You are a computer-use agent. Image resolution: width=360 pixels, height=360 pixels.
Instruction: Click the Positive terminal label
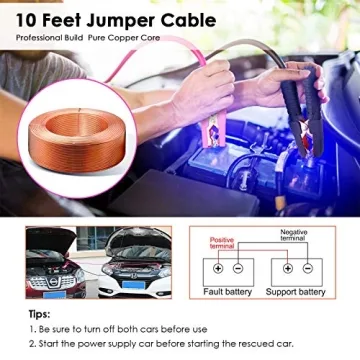[x=221, y=242]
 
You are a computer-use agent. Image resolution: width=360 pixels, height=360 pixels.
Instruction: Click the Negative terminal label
[x=293, y=236]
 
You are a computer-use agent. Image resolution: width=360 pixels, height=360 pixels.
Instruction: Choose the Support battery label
[x=296, y=292]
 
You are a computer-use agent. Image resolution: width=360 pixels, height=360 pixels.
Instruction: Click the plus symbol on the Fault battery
[x=218, y=268]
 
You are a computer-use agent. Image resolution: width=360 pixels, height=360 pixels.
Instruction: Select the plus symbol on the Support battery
[x=287, y=268]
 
